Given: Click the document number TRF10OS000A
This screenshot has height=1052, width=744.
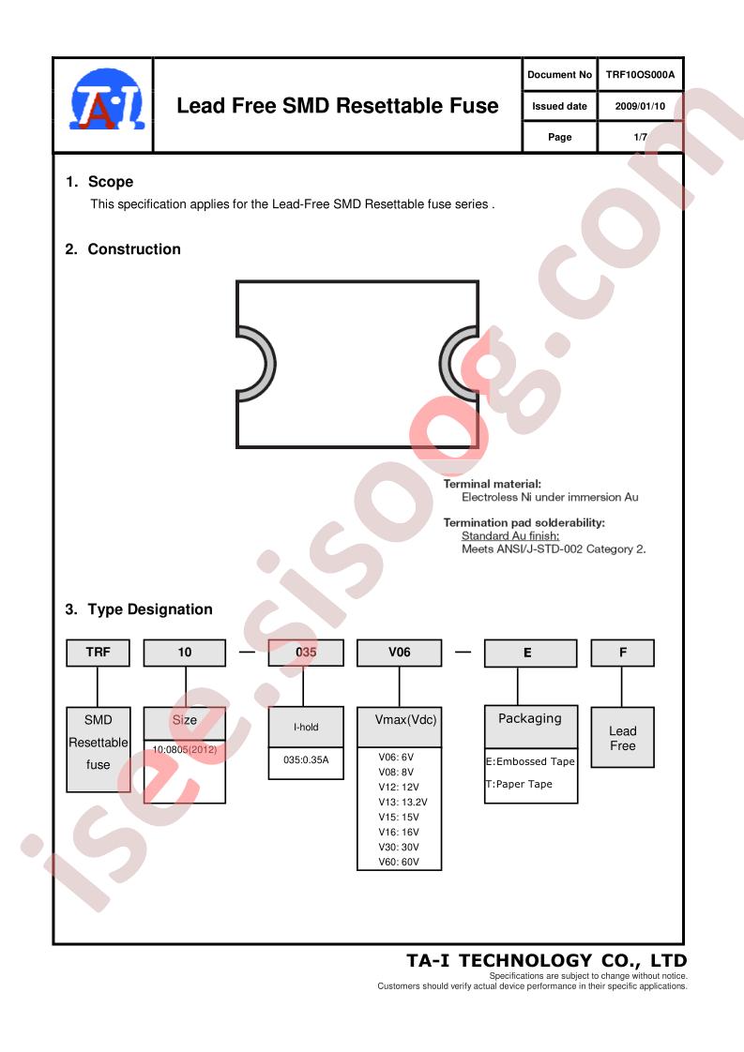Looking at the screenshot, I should coord(640,75).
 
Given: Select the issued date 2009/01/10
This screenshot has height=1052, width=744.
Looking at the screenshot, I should coord(640,106).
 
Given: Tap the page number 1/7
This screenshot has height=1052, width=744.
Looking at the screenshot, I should coord(640,137).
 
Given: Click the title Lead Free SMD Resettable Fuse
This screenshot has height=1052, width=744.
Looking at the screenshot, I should coord(338,106).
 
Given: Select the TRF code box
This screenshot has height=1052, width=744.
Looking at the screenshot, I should coord(99,653).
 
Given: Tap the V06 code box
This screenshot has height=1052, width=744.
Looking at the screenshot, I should coord(399,653).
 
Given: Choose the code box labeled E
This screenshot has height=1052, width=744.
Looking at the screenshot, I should coord(529,654).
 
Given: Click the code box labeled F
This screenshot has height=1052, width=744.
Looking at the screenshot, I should coord(622,653).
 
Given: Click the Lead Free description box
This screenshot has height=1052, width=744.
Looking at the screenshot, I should coord(622,738).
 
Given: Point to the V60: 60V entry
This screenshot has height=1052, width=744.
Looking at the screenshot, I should coord(399,862).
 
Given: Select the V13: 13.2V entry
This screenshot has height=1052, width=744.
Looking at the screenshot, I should coord(402,802).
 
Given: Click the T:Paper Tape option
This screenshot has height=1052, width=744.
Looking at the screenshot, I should coord(520,784).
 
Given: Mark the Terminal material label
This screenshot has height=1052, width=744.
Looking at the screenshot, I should coord(493,484).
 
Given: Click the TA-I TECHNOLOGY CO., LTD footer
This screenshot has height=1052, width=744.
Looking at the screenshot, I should coord(546,960).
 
